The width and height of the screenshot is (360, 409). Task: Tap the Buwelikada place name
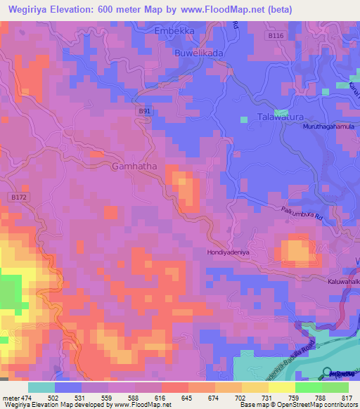tap(199, 53)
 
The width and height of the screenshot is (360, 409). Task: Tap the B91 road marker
tap(144, 111)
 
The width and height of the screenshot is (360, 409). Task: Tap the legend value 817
tap(348, 398)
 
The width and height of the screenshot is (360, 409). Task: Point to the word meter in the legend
tap(11, 398)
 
